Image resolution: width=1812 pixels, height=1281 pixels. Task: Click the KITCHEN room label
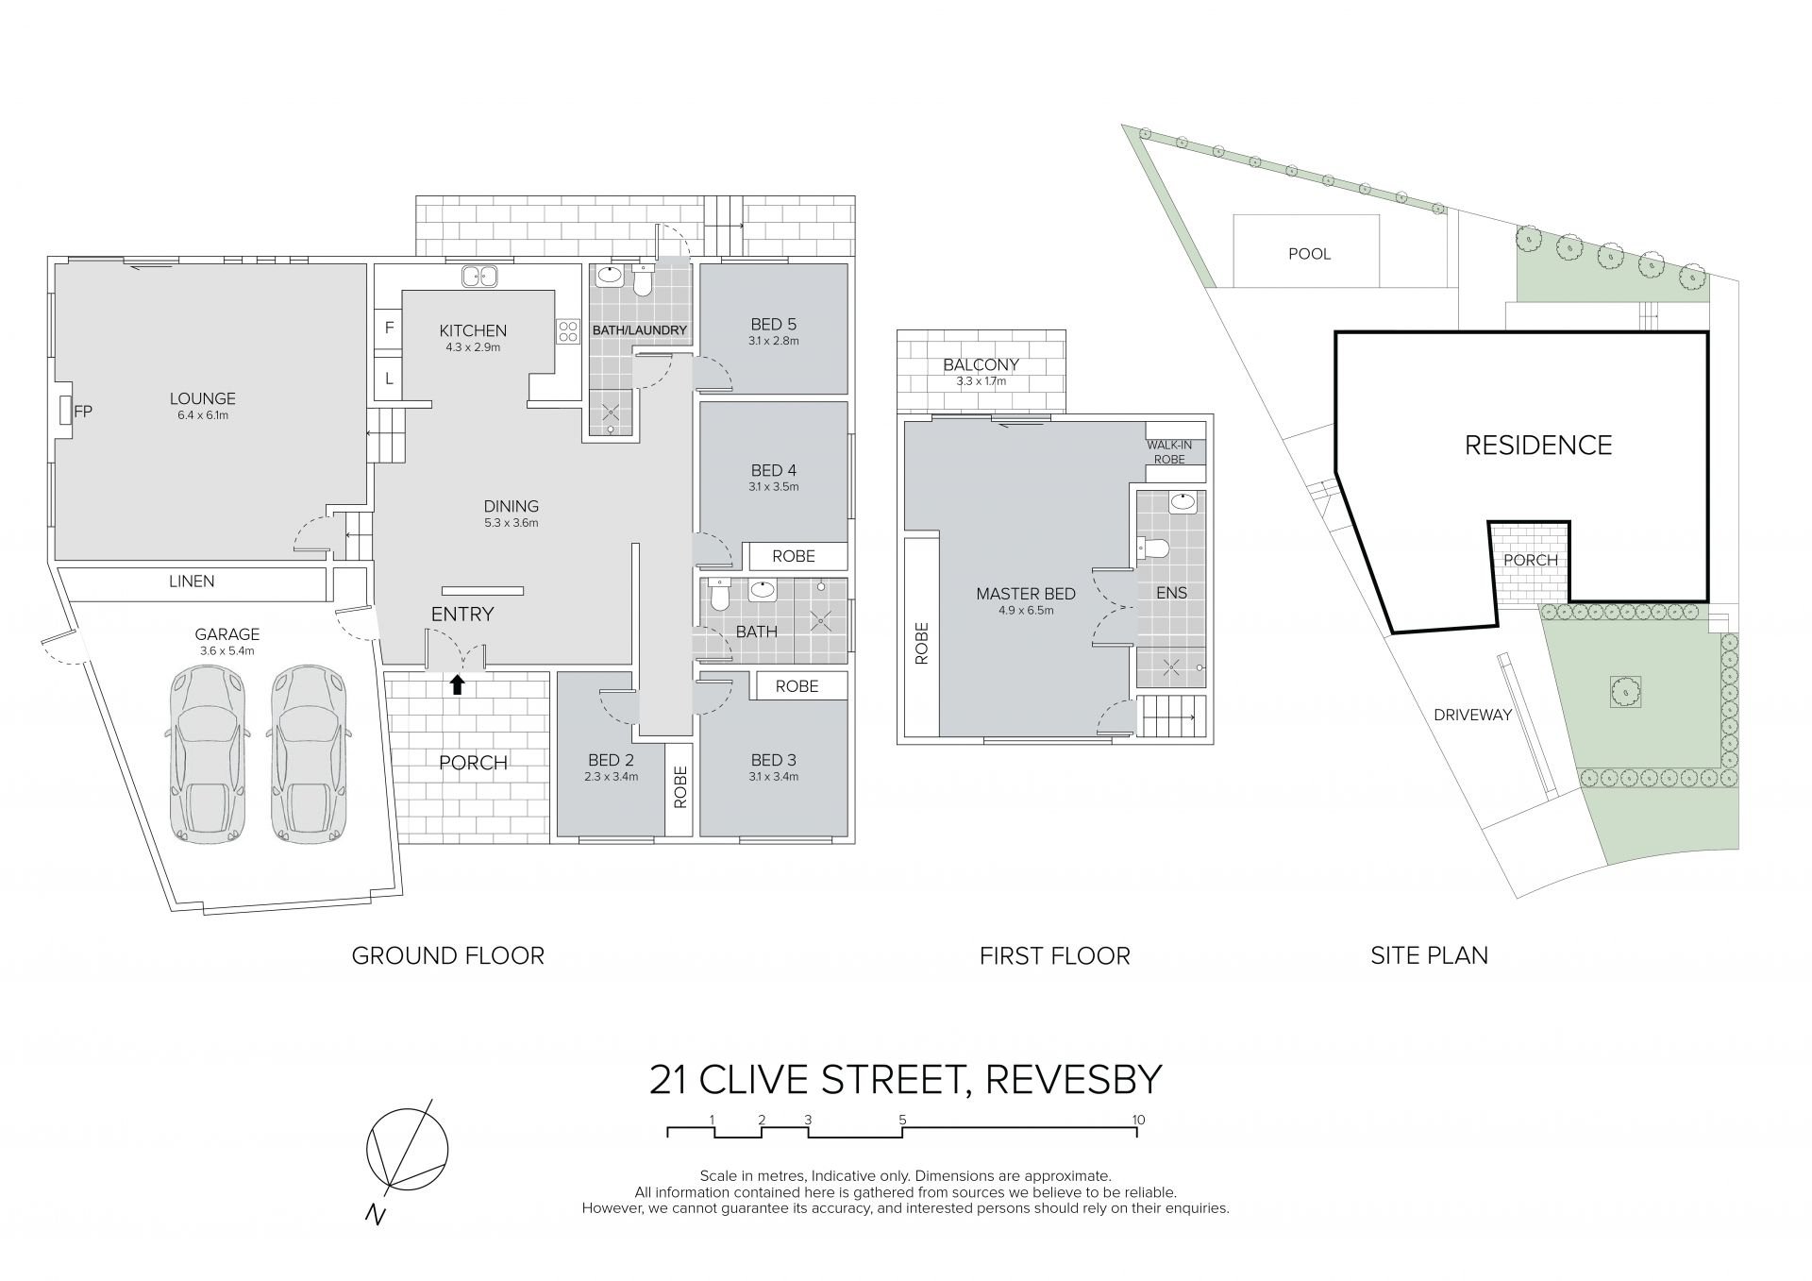tap(473, 330)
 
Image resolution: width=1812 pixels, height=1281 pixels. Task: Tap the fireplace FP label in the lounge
tap(83, 411)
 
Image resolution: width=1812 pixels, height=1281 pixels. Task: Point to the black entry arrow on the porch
tap(457, 684)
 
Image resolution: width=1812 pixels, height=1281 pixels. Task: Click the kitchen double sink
tap(480, 277)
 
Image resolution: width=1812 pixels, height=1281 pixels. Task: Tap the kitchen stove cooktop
tap(568, 331)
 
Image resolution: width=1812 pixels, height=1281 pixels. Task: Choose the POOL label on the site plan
tap(1309, 254)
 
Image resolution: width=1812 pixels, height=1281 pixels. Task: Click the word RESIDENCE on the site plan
tap(1538, 445)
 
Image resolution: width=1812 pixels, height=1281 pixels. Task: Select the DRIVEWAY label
tap(1472, 715)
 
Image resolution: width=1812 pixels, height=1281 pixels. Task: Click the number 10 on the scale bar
tap(1138, 1121)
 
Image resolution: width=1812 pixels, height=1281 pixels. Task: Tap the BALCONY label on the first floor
tap(981, 365)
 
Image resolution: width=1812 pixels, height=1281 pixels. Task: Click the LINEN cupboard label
tap(192, 582)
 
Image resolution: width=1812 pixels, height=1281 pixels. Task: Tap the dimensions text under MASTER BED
tap(1027, 611)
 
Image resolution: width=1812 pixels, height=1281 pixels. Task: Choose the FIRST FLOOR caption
tap(1054, 956)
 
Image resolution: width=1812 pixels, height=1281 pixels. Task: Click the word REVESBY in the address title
tap(1073, 1080)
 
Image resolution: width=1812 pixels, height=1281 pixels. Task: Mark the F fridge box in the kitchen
tap(389, 329)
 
